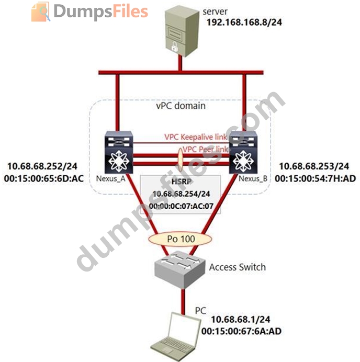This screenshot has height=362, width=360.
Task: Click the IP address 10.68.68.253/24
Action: pyautogui.click(x=316, y=167)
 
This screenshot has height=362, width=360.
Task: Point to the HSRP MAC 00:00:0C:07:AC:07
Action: pyautogui.click(x=179, y=207)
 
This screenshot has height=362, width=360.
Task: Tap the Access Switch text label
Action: pyautogui.click(x=237, y=267)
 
